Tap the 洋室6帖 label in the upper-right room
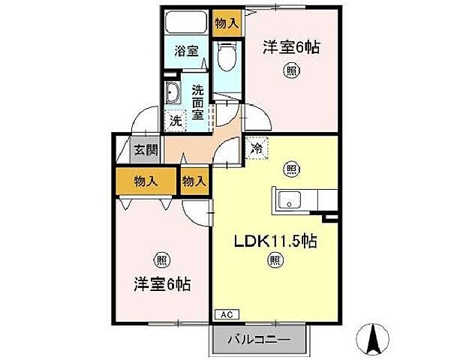[x=290, y=47]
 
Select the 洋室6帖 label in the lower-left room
[x=161, y=284]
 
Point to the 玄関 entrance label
[x=146, y=149]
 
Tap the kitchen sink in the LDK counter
[x=289, y=200]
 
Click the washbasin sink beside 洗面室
[x=173, y=94]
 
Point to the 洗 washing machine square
[x=175, y=120]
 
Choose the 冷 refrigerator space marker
[x=256, y=148]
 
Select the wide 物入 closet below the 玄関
[x=146, y=181]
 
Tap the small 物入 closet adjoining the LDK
[x=194, y=181]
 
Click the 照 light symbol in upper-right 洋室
[x=290, y=71]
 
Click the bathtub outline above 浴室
[x=187, y=22]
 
